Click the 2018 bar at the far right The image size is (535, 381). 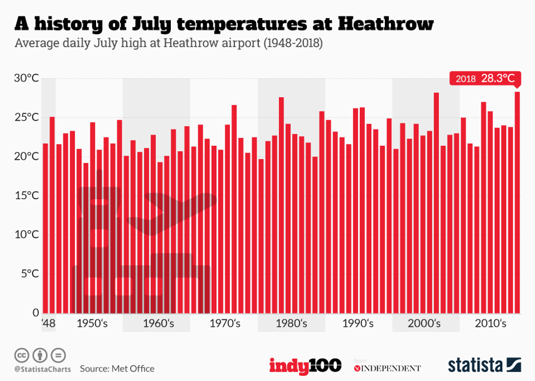[x=517, y=202]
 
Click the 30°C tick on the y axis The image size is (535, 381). [x=26, y=79]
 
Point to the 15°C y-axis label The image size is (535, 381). [x=26, y=195]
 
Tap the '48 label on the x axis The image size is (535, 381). [x=48, y=324]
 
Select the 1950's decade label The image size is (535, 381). [x=92, y=324]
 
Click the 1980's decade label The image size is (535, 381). [x=291, y=324]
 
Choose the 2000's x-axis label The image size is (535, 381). [x=424, y=324]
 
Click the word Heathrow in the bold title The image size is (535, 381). [x=386, y=23]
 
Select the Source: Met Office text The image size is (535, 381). [x=117, y=368]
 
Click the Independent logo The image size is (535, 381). [x=388, y=368]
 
